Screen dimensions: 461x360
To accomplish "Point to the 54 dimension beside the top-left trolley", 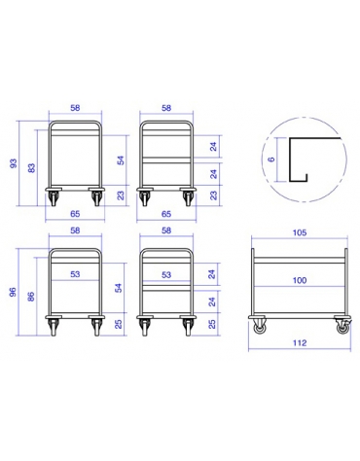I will tap(120, 159).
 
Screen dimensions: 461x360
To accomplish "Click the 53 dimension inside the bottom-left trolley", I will tap(76, 275).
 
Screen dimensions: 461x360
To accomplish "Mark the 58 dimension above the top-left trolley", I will tap(76, 110).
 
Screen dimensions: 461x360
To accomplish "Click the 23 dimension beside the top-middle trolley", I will tap(212, 195).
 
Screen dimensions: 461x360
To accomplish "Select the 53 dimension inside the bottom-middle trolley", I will tap(166, 275).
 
